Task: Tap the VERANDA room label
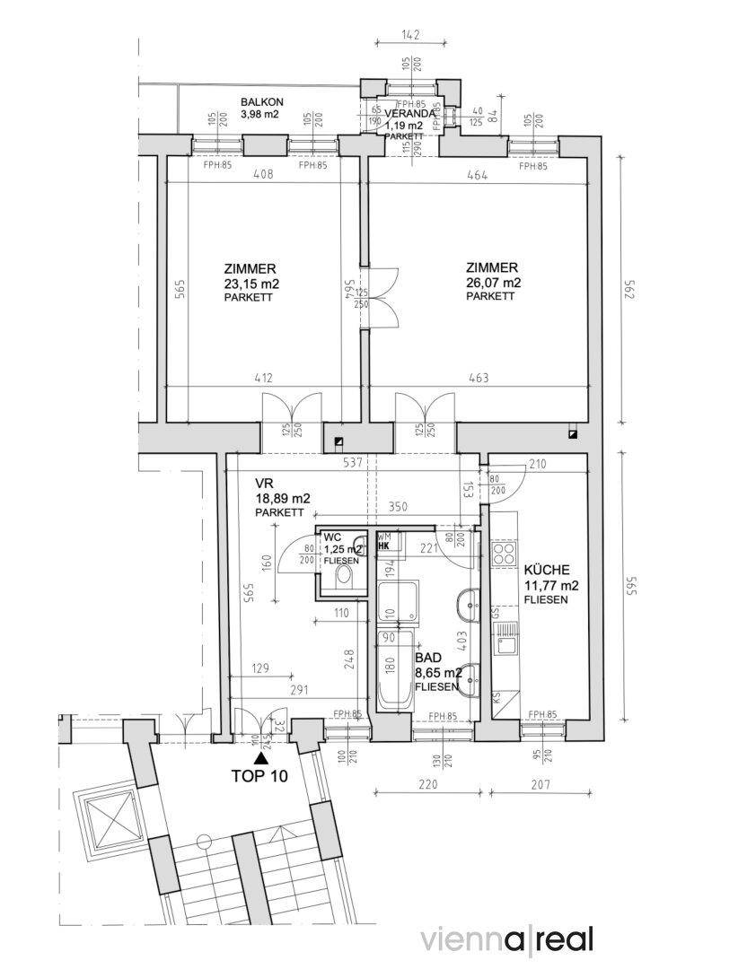[410, 114]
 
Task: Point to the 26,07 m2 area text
[491, 283]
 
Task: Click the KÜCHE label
[545, 570]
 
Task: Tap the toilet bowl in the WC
[342, 575]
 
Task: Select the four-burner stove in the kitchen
[503, 551]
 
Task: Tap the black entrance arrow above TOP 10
[260, 759]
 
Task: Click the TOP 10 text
[259, 777]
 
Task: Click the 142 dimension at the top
[411, 36]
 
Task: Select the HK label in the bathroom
[383, 545]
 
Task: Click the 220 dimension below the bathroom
[426, 784]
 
